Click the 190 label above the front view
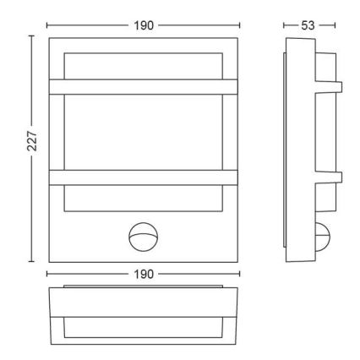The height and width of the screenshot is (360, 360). coord(144,26)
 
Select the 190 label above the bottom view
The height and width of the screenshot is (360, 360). coord(144,275)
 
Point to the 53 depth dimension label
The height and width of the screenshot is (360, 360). coord(308,26)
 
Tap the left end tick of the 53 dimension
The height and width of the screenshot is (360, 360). coord(283,26)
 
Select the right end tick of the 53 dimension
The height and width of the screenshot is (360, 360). coord(335,26)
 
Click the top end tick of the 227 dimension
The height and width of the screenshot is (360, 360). coord(32,36)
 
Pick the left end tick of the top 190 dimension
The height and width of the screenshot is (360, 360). coord(46,26)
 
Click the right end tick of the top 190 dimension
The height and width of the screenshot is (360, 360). coord(240,26)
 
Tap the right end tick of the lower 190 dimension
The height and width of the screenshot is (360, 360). coord(240,275)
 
